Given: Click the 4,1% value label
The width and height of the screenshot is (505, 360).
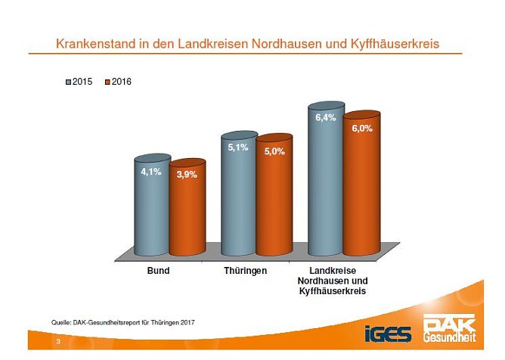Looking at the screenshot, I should (151, 172).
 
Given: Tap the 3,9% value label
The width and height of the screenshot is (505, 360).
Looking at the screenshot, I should (187, 175).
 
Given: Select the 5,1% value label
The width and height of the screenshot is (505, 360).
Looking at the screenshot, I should (238, 147).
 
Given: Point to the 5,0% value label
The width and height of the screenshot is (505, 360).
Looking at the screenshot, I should (274, 151).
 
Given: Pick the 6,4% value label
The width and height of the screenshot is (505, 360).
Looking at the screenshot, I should (325, 117).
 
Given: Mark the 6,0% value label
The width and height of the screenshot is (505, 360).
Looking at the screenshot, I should (361, 129).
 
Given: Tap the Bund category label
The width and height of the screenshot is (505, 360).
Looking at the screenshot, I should (157, 270).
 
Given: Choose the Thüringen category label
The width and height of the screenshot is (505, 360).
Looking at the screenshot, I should (244, 270).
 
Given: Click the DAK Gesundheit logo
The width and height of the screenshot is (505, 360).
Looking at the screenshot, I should (451, 327).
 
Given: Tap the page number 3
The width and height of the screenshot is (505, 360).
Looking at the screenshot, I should (57, 343).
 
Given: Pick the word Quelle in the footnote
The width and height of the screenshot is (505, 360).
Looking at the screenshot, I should (61, 323).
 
